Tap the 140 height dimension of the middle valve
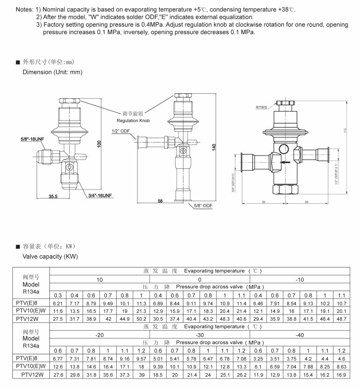(214, 147)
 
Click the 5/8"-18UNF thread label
(33, 140)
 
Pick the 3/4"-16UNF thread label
(100, 195)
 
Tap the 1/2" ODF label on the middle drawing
(121, 131)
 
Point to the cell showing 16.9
(341, 375)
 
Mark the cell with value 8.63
(341, 367)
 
